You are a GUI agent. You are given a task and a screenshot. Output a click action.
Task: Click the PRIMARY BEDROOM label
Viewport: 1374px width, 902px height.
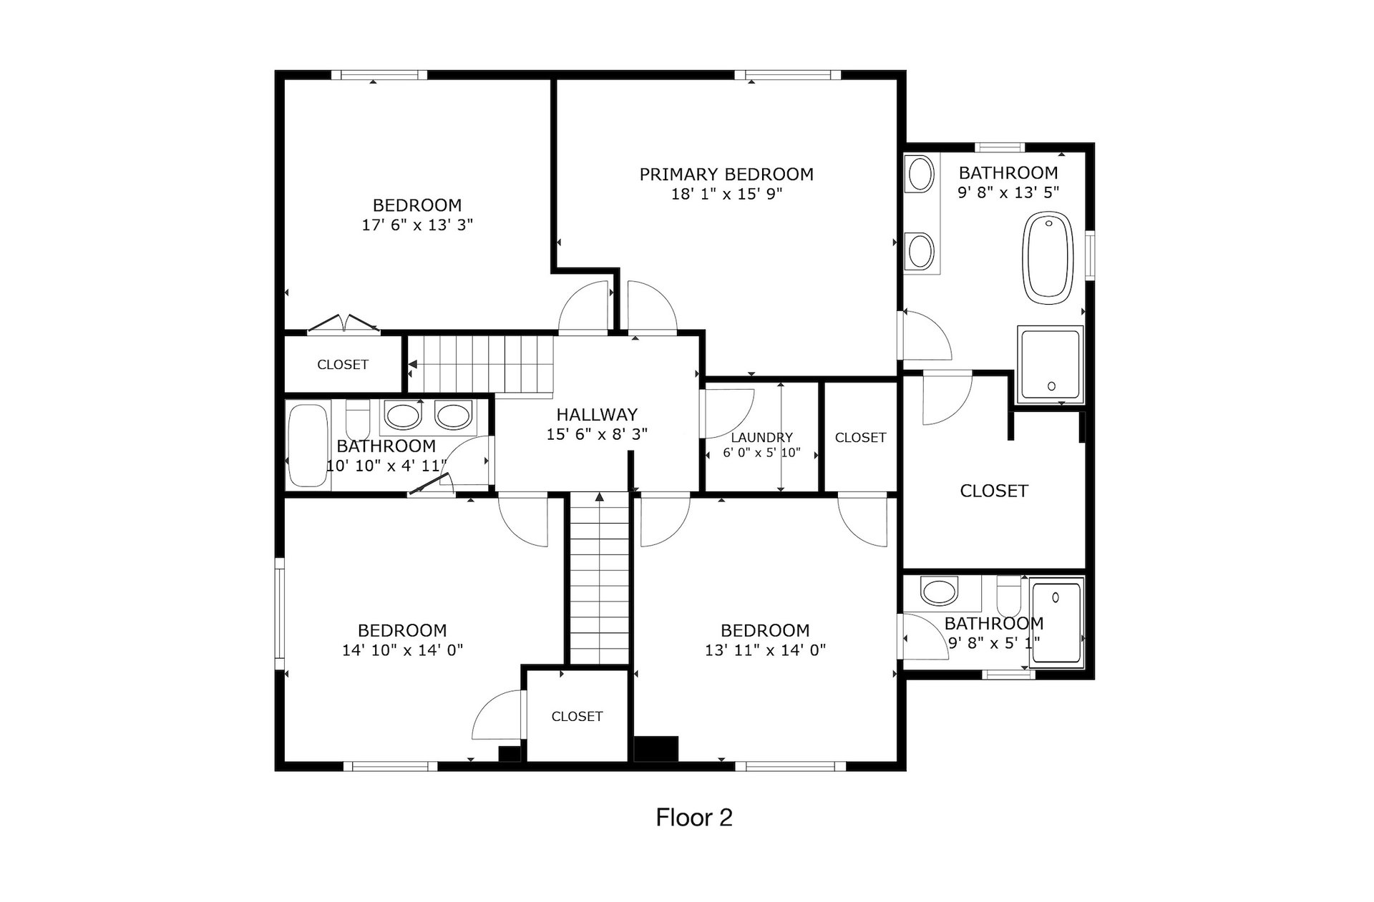tap(726, 175)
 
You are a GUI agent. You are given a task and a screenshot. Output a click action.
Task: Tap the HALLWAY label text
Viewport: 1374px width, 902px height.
tap(597, 415)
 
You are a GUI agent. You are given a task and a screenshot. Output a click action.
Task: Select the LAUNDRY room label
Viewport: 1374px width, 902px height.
tap(761, 438)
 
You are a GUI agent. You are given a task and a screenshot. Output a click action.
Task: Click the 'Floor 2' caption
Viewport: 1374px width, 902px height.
tap(694, 818)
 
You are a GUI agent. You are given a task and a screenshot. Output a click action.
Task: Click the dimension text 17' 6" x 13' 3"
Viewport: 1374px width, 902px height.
tap(417, 225)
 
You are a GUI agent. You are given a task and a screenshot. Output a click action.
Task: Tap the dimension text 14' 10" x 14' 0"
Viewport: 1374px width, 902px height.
tap(402, 651)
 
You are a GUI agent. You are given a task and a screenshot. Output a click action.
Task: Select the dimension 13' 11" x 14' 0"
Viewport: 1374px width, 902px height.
tap(765, 651)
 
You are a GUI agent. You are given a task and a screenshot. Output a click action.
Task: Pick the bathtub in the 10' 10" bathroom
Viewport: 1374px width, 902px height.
tap(308, 446)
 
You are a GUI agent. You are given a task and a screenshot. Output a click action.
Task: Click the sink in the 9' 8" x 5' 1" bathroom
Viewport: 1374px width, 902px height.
tap(939, 592)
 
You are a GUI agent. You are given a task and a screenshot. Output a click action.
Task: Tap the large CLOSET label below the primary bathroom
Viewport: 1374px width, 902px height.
tap(994, 491)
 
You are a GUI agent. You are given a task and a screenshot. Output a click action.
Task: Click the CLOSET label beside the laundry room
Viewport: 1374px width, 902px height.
tap(860, 438)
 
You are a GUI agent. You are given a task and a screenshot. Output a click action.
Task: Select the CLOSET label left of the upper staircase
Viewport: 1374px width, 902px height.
tap(343, 365)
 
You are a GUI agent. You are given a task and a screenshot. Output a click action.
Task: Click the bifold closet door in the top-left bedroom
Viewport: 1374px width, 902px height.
tap(344, 324)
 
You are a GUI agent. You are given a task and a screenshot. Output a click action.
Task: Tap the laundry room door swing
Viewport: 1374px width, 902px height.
tap(729, 413)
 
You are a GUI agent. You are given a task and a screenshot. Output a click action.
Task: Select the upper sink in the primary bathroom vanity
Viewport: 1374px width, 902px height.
tap(920, 174)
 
